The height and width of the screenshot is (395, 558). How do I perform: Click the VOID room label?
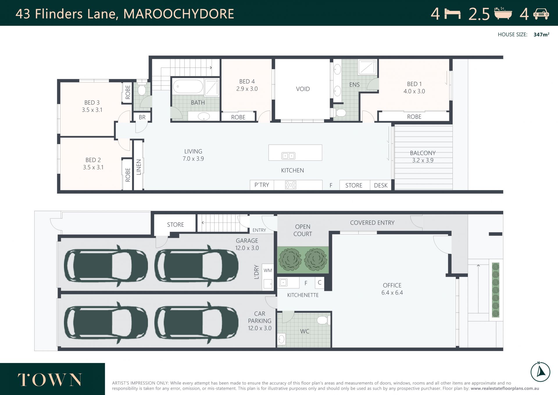pos(303,89)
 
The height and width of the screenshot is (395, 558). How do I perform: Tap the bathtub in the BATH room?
pos(188,86)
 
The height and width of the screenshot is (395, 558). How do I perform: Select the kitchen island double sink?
pos(288,156)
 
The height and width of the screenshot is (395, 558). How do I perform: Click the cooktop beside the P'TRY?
pos(290,185)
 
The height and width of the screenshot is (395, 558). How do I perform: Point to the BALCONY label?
pos(423,153)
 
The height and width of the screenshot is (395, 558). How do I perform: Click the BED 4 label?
pos(247,82)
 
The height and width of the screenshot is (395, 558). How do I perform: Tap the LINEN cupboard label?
pos(139,167)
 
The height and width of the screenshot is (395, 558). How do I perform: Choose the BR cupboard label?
pos(142,117)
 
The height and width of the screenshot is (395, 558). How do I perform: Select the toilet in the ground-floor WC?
pos(323,320)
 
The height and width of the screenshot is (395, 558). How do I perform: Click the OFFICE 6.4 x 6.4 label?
pos(392,289)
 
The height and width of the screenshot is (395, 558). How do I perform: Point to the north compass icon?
pos(540,372)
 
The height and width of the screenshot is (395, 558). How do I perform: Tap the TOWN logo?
pos(50,380)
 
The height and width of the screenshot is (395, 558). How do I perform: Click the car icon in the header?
pos(541,14)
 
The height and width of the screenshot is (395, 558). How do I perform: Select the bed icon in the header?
pos(452,14)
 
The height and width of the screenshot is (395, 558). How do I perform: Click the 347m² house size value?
pos(541,34)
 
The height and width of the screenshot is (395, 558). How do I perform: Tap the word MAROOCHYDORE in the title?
pos(179,14)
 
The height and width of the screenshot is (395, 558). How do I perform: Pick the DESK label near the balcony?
pos(381,185)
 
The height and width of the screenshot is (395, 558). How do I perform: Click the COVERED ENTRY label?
pos(372,223)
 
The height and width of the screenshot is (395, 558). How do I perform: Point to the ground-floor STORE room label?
pos(176,225)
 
